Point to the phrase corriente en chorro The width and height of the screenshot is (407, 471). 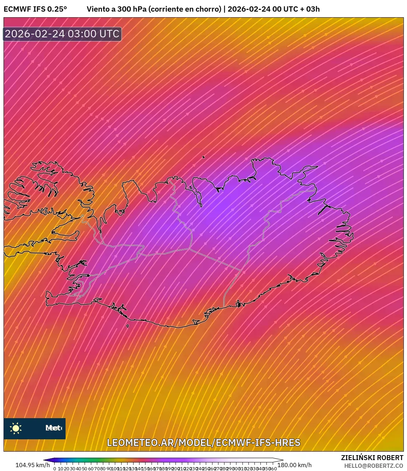185,9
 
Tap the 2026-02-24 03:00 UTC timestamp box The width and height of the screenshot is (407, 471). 62,34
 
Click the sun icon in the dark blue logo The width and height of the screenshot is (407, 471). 16,428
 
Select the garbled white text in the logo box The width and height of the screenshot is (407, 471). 53,428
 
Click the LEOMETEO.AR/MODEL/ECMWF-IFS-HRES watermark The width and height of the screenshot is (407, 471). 203,442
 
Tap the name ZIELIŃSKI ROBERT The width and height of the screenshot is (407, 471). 372,458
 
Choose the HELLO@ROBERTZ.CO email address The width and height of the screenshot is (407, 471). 374,465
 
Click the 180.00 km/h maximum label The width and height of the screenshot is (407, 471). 294,465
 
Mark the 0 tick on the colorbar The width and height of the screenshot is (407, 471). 55,469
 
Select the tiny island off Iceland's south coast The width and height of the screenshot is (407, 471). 128,326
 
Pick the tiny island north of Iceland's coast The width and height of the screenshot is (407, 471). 204,157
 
